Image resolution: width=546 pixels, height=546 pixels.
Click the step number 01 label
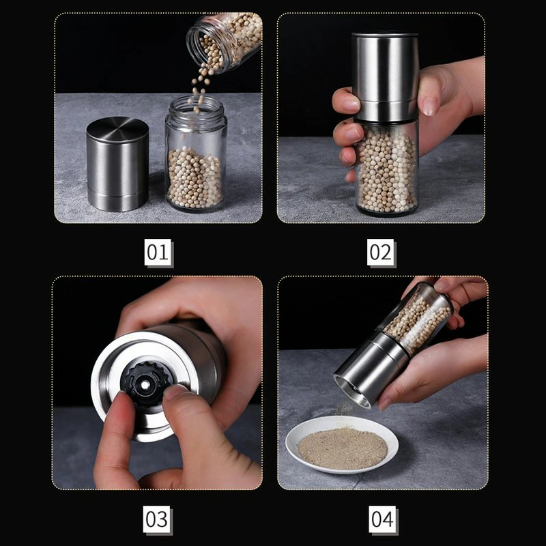[x=158, y=252]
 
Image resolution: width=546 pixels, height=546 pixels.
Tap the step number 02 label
[x=380, y=252]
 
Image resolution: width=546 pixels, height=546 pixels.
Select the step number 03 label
[x=157, y=519]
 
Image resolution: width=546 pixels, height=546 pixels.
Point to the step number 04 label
[x=382, y=519]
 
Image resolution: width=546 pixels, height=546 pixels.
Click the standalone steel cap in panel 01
[x=117, y=164]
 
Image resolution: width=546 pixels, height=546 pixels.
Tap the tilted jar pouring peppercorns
[x=225, y=41]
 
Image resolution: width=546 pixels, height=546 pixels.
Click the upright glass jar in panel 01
[x=196, y=153]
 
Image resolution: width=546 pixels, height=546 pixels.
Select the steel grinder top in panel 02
[x=385, y=76]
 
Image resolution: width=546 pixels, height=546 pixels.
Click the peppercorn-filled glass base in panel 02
[x=386, y=167]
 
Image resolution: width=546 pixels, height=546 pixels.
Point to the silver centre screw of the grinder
[x=145, y=384]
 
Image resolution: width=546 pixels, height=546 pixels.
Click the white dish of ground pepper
[x=342, y=445]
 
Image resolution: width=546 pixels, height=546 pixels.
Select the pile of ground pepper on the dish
[x=343, y=448]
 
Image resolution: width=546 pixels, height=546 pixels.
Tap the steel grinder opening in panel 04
[x=351, y=391]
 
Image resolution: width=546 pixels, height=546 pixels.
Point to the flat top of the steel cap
[x=117, y=128]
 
